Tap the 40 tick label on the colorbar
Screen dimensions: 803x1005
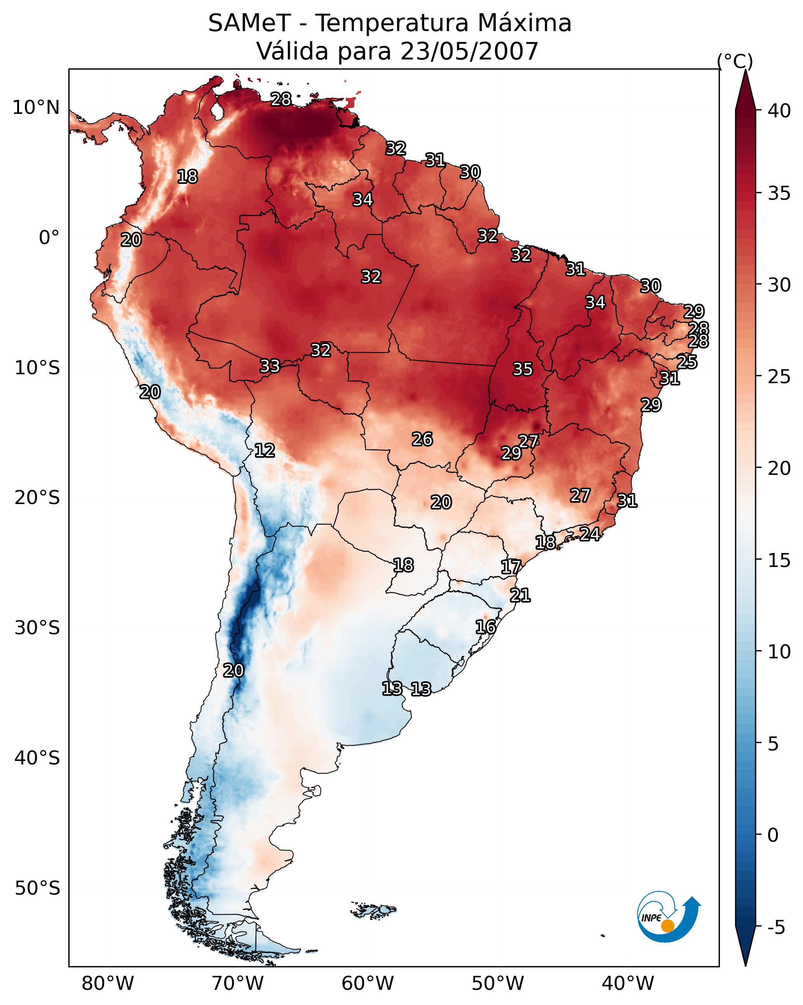click(x=779, y=111)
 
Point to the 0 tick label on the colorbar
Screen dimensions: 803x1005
click(x=773, y=836)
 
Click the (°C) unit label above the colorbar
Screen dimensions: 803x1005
click(x=735, y=61)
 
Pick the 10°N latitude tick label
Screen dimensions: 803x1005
click(x=36, y=108)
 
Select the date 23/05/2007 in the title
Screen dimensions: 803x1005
click(x=469, y=51)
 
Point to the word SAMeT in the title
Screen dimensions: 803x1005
click(x=250, y=23)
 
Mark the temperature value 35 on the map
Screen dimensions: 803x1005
click(x=523, y=369)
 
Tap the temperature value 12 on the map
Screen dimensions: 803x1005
click(x=265, y=450)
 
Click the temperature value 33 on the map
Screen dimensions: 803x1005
click(x=270, y=366)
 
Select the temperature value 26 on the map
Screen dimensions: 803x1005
click(x=422, y=439)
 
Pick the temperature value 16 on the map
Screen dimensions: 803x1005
click(x=486, y=627)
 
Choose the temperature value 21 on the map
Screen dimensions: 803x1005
click(x=520, y=595)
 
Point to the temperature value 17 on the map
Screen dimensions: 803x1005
click(x=511, y=567)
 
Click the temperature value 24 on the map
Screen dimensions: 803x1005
click(x=590, y=534)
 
